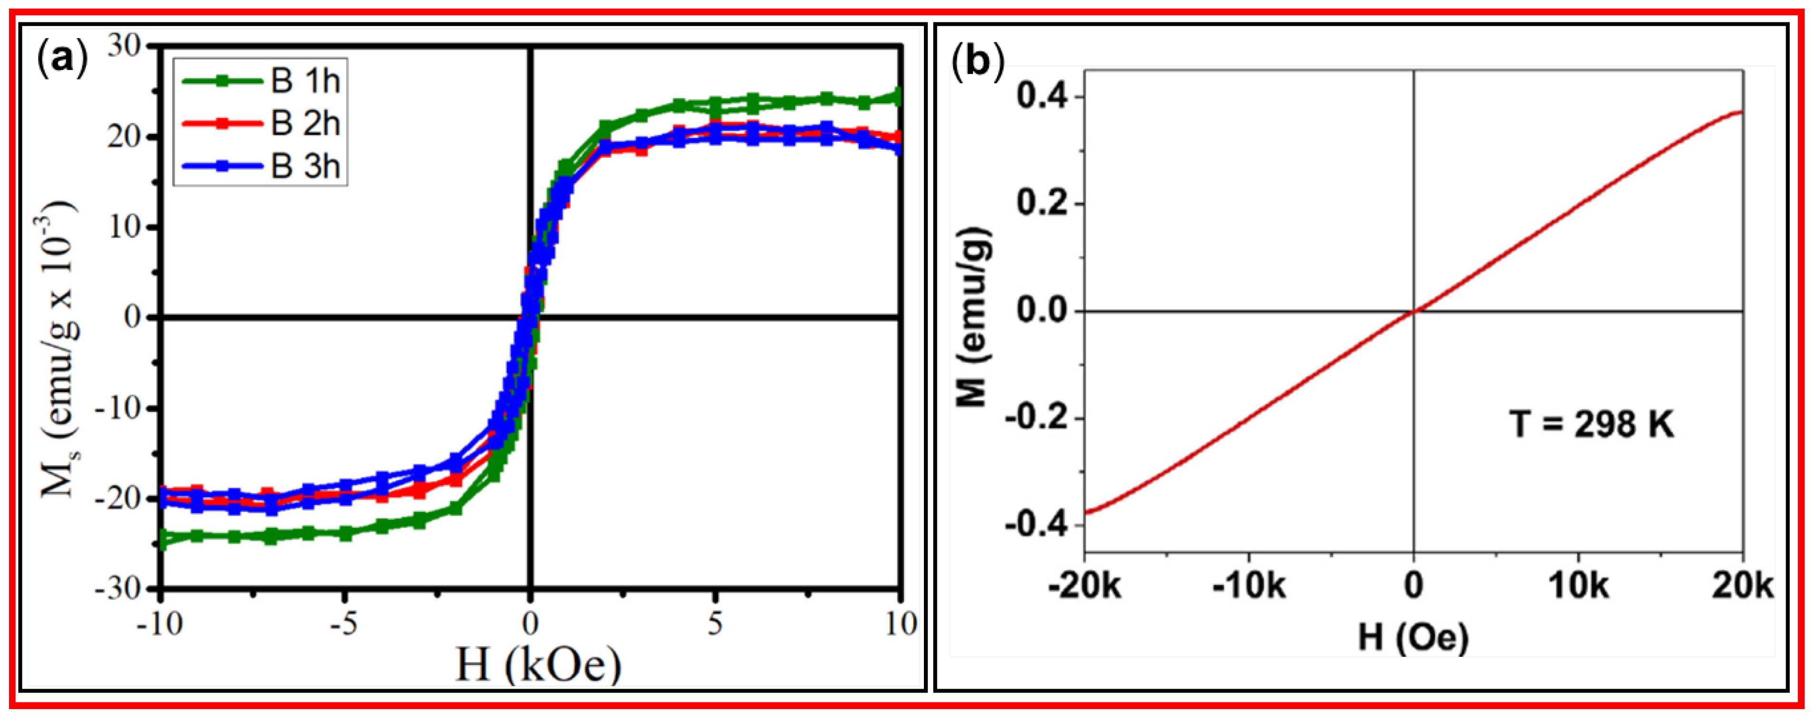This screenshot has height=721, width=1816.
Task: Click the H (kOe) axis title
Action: [x=538, y=664]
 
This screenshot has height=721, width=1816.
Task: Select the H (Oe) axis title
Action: [x=1413, y=638]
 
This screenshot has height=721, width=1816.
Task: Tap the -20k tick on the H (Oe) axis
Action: [x=1084, y=586]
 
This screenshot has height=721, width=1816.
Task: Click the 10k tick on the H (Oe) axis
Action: [x=1578, y=586]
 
